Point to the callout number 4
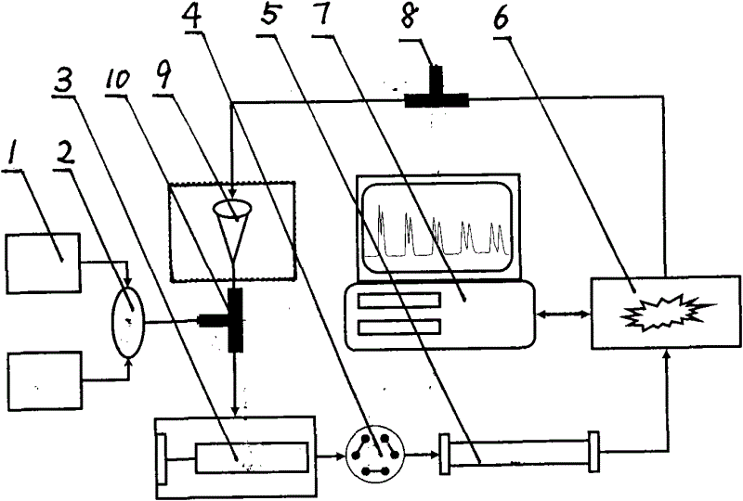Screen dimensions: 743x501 coord(191,18)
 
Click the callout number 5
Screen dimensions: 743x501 coord(267,19)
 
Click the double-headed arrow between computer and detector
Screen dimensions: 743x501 coord(563,313)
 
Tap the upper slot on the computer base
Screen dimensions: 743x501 coord(399,301)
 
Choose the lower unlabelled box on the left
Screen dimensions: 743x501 coord(45,380)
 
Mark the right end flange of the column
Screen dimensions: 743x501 coord(593,451)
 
